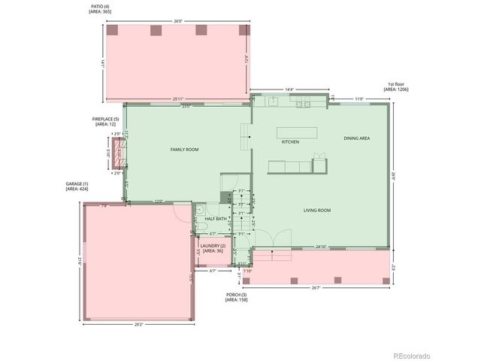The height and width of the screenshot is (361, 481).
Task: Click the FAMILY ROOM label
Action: [184, 150]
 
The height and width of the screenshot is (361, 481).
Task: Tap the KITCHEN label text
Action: [290, 141]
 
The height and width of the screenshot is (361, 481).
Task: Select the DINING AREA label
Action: [356, 138]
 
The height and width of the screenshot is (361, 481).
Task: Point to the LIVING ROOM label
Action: [317, 211]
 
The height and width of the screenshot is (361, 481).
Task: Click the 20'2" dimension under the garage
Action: [138, 325]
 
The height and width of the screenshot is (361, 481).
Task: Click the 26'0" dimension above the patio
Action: [177, 21]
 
